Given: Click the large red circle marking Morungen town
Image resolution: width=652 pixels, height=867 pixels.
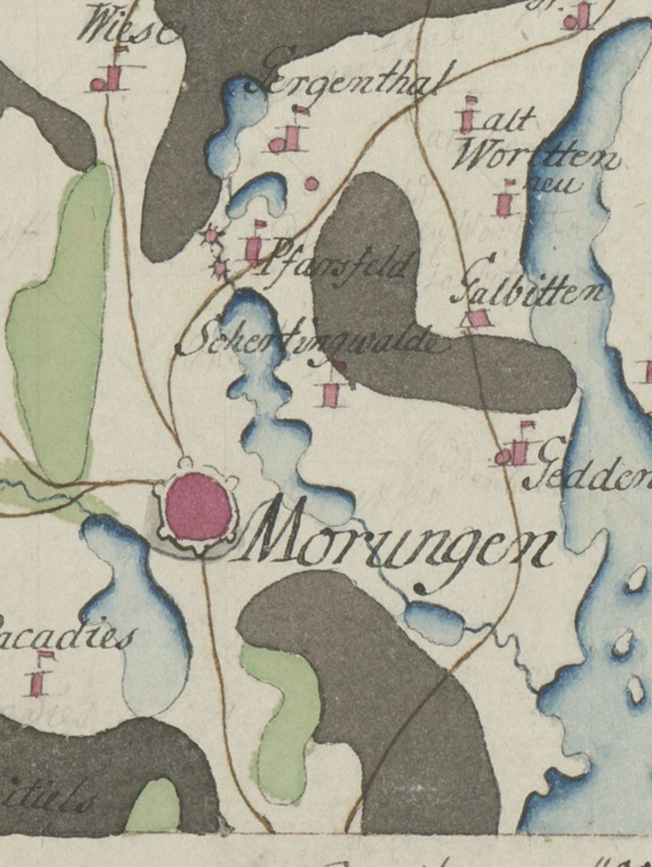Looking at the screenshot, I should coord(198,506).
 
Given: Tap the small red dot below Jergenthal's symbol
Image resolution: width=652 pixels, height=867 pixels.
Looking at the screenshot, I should coord(311,183).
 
